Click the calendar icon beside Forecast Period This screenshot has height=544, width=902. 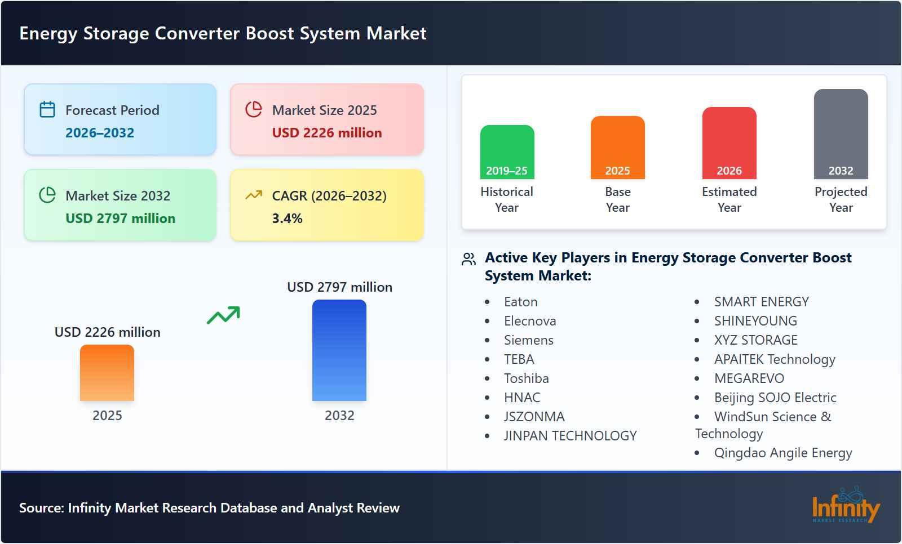[47, 109]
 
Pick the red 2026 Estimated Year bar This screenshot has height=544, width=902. [729, 143]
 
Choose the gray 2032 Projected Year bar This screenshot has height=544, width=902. [841, 134]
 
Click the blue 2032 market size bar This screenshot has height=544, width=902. [339, 350]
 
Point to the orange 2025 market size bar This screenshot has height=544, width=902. [107, 373]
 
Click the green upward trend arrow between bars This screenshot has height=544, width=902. [223, 315]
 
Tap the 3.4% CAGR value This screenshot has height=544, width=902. [288, 219]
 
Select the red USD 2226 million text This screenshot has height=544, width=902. [327, 133]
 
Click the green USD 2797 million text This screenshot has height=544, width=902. [120, 219]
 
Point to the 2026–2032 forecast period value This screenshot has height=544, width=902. [100, 133]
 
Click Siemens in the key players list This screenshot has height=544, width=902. [529, 340]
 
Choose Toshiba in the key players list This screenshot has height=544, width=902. [527, 378]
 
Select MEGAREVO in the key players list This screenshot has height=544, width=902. [749, 378]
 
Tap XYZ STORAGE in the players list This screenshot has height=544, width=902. [756, 340]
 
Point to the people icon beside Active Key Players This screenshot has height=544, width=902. [468, 259]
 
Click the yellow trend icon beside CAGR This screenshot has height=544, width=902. [254, 195]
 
